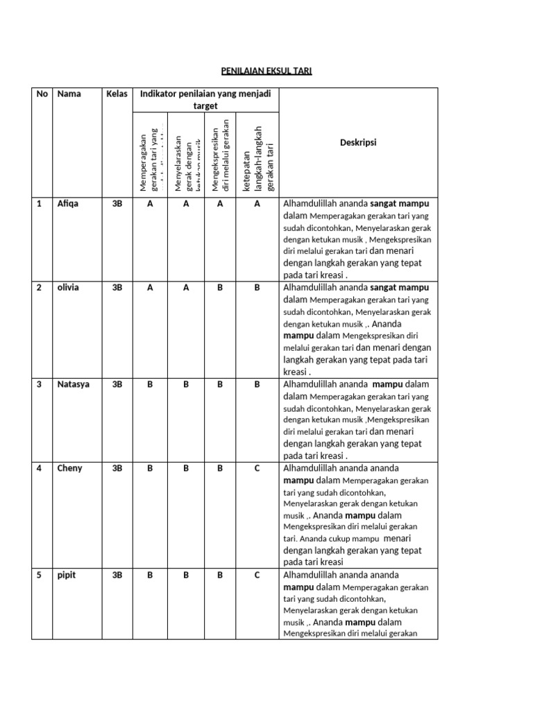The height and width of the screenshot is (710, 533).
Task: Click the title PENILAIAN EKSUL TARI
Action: (266, 71)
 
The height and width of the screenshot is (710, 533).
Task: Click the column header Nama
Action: (69, 94)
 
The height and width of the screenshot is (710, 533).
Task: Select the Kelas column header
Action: (117, 94)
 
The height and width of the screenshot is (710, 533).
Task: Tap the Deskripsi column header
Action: (357, 142)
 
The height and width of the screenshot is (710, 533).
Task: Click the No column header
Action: (42, 94)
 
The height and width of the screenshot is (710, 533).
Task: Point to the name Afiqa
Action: (68, 204)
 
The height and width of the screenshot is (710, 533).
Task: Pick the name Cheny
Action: (69, 468)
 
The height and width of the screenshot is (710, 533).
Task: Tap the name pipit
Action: (67, 575)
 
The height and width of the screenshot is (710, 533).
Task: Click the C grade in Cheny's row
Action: (257, 468)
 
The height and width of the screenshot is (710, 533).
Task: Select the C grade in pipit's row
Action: (257, 575)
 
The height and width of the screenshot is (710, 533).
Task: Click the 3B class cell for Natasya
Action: (117, 384)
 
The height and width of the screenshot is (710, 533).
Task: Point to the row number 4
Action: (40, 468)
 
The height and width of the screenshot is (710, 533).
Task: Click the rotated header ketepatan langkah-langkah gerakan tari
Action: (257, 158)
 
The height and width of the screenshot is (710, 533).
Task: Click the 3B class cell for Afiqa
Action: (117, 204)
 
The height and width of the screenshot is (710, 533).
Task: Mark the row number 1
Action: (40, 204)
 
